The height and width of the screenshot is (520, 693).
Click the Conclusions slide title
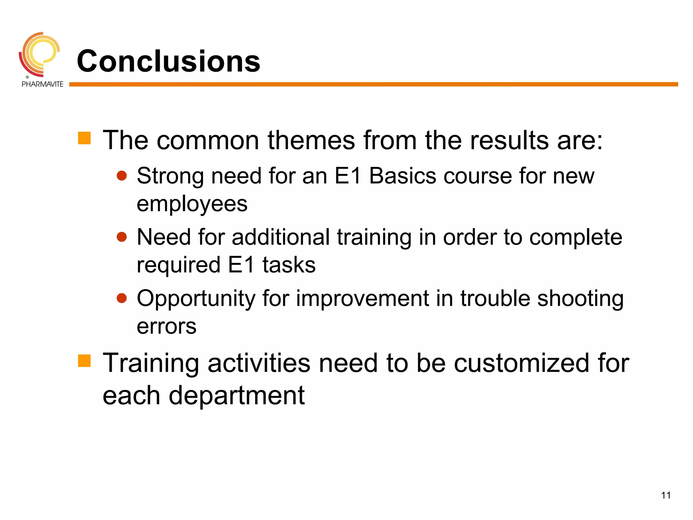[x=168, y=61]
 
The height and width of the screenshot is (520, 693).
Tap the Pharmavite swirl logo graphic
[x=40, y=54]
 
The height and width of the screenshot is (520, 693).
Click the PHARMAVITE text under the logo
[x=42, y=84]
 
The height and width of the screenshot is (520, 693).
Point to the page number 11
[x=666, y=495]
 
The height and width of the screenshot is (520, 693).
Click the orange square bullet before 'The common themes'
[x=84, y=138]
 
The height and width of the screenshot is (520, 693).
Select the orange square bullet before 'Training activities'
[x=84, y=361]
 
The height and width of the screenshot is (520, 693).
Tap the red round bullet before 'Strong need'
[x=121, y=176]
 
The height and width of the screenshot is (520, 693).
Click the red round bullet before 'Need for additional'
[x=121, y=237]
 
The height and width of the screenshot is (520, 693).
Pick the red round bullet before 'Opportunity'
[x=121, y=298]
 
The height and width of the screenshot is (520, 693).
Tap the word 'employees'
[x=192, y=204]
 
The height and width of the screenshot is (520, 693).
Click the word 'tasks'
[x=289, y=265]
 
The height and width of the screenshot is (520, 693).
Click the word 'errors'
[x=166, y=327]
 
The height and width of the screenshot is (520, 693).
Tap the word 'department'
[x=237, y=395]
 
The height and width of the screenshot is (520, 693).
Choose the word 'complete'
[x=576, y=237]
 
